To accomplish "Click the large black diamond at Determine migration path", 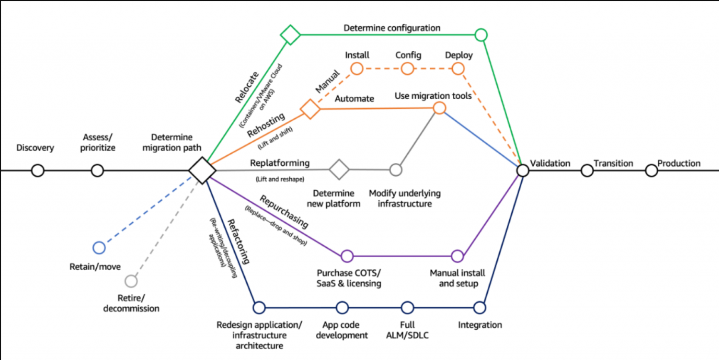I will pyautogui.click(x=202, y=170).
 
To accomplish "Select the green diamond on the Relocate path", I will pyautogui.click(x=290, y=35).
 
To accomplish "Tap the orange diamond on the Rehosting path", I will pyautogui.click(x=310, y=109).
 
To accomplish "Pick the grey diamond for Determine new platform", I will pyautogui.click(x=339, y=169).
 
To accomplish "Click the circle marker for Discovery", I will pyautogui.click(x=38, y=171).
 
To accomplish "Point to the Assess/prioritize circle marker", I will pyautogui.click(x=98, y=171).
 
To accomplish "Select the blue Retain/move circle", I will pyautogui.click(x=99, y=247).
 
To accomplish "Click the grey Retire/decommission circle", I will pyautogui.click(x=131, y=281).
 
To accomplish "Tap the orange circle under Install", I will pyautogui.click(x=357, y=69).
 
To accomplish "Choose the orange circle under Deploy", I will pyautogui.click(x=458, y=69).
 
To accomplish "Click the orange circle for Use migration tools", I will pyautogui.click(x=439, y=108).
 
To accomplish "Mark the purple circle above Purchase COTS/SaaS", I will pyautogui.click(x=347, y=256).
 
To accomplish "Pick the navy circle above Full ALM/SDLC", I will pyautogui.click(x=407, y=308).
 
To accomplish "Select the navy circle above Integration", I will pyautogui.click(x=479, y=308).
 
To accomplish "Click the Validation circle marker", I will pyautogui.click(x=523, y=171).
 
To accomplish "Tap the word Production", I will pyautogui.click(x=678, y=163).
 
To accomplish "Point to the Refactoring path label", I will pyautogui.click(x=238, y=241).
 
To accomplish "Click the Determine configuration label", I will pyautogui.click(x=392, y=28).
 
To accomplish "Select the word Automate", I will pyautogui.click(x=354, y=99).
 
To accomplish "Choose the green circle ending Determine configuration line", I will pyautogui.click(x=481, y=35).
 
